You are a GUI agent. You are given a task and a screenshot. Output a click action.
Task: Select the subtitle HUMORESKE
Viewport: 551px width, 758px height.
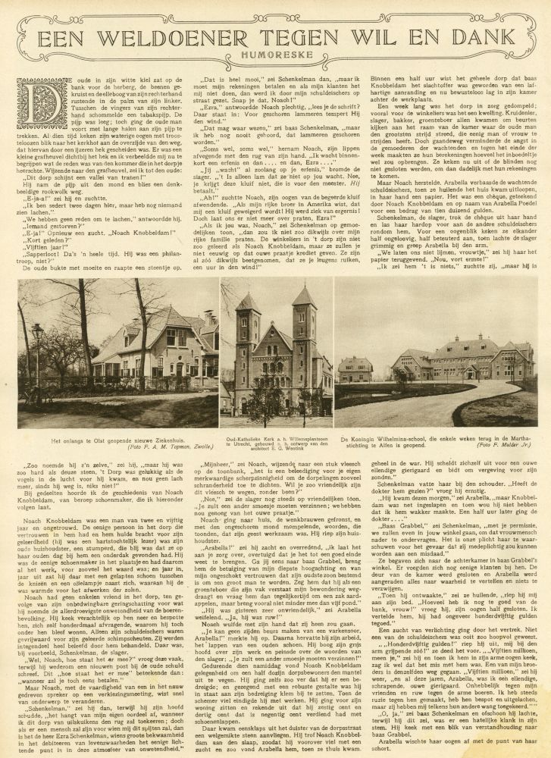[x=274, y=56]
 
